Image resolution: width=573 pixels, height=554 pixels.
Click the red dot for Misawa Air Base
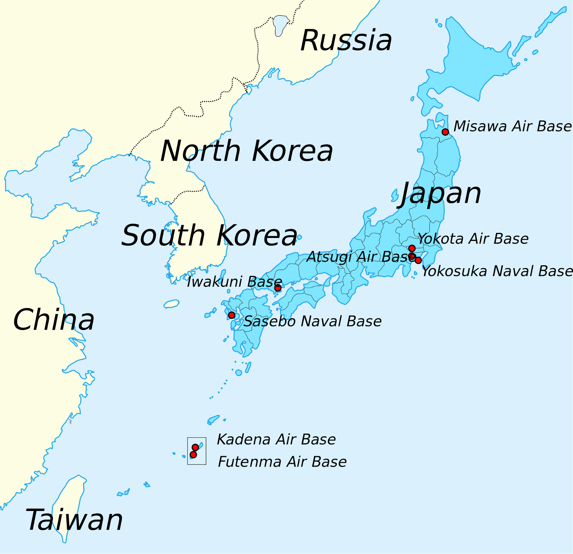click(445, 132)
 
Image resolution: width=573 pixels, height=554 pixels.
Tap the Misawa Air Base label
click(512, 126)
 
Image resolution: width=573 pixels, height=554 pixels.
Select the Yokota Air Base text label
click(473, 239)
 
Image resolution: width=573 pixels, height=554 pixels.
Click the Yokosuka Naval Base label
click(497, 271)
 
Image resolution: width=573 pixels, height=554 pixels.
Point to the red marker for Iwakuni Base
click(278, 288)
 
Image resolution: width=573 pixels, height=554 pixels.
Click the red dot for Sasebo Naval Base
click(232, 315)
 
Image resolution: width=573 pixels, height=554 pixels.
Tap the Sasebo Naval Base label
click(312, 321)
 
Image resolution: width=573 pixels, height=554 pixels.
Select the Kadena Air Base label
click(276, 439)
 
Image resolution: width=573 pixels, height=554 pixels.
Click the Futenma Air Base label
click(282, 462)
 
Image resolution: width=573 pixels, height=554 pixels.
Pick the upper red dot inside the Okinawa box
click(195, 447)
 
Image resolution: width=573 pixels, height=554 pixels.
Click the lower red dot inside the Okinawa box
click(193, 455)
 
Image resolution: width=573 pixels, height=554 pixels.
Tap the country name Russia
click(346, 40)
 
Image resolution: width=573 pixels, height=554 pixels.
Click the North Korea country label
click(247, 151)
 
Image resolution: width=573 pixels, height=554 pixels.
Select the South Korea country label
click(210, 236)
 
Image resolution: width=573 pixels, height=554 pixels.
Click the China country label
click(54, 320)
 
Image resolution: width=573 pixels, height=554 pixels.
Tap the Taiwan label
click(74, 520)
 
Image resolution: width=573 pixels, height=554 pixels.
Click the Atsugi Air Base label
click(361, 257)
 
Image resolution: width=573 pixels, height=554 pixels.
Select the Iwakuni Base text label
click(235, 282)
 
